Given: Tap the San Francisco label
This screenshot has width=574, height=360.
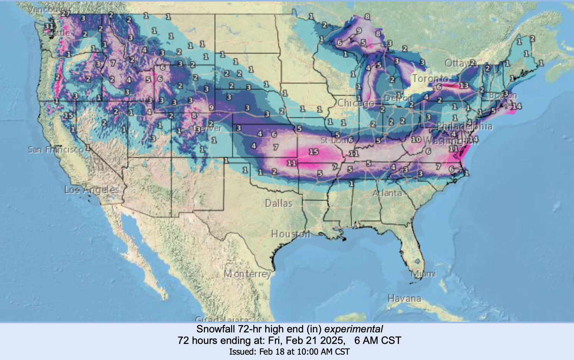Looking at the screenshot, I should pyautogui.click(x=55, y=150).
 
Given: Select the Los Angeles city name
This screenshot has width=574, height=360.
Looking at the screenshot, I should pyautogui.click(x=92, y=190).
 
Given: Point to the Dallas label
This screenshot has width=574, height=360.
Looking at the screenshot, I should pyautogui.click(x=279, y=203).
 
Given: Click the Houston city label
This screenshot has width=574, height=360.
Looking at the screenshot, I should pyautogui.click(x=290, y=234).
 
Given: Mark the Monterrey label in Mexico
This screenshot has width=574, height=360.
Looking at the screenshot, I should pyautogui.click(x=248, y=274).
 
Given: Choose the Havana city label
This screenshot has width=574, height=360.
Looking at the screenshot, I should pyautogui.click(x=404, y=298).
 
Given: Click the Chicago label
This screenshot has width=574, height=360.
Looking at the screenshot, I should pyautogui.click(x=355, y=103).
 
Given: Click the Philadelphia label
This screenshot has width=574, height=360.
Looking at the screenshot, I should pyautogui.click(x=464, y=126).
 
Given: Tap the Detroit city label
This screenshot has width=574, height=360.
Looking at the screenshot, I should pyautogui.click(x=399, y=98).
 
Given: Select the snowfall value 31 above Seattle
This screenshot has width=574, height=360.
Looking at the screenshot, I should pyautogui.click(x=49, y=26).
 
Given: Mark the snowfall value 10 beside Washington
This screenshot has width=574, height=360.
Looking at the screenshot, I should pyautogui.click(x=416, y=139).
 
